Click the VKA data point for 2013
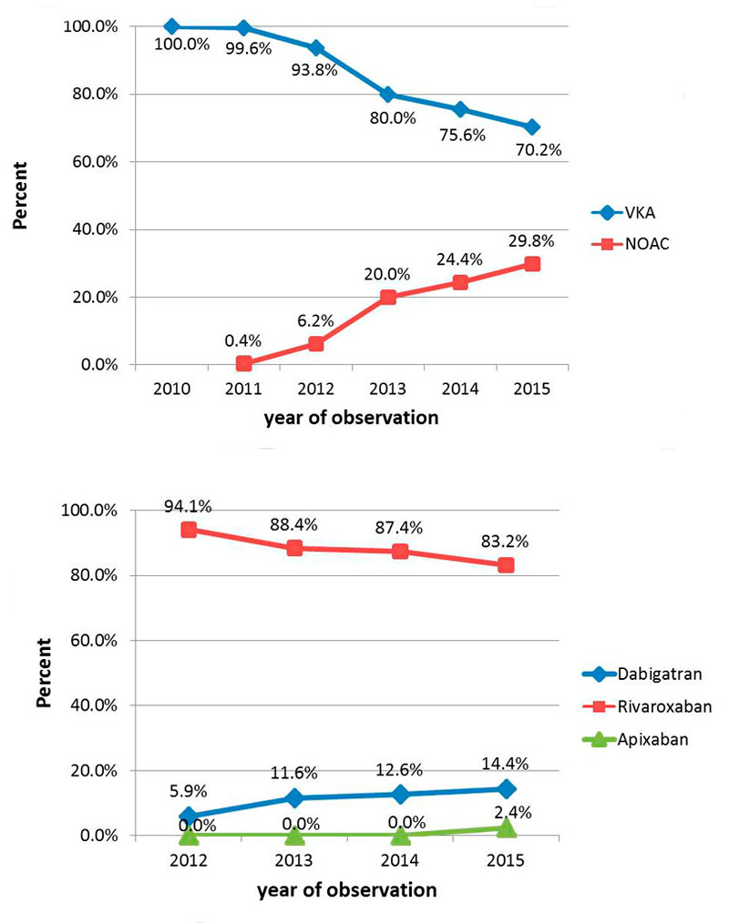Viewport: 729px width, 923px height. coord(388,95)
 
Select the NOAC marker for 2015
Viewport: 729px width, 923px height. coord(531,264)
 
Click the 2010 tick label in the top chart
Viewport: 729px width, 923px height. coord(171,389)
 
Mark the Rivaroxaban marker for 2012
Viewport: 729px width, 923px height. coord(189,530)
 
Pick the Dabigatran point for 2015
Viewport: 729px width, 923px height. coord(507,788)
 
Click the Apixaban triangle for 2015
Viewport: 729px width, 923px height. coord(507,827)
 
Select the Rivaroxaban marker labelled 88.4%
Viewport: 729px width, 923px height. coord(294,548)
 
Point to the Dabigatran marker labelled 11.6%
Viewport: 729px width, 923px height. coord(294,798)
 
